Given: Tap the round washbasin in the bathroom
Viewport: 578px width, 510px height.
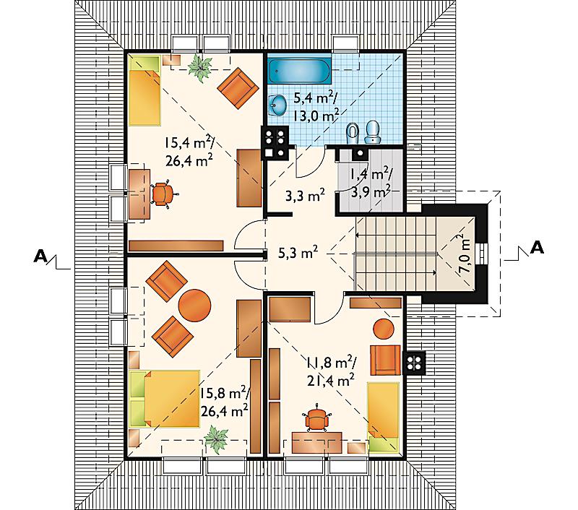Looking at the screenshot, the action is (x=277, y=105).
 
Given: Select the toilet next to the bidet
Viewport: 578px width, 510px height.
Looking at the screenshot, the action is (x=374, y=132).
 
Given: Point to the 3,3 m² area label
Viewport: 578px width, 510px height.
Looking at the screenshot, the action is (x=305, y=196).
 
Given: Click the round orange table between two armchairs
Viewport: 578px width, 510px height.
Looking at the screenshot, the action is (x=194, y=306).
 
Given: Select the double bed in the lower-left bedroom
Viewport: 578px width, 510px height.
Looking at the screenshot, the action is (x=165, y=398).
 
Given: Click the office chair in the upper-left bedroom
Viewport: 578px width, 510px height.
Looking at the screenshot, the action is (x=161, y=194).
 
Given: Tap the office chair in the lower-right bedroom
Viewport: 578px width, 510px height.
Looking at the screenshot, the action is (x=316, y=418).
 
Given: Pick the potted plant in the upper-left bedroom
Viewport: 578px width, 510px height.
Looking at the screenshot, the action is (x=200, y=68).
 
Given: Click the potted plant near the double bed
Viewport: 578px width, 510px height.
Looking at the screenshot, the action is (x=216, y=438).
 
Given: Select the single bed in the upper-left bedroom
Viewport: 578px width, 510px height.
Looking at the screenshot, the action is (x=145, y=90).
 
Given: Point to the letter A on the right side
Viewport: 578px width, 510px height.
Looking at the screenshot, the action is (x=536, y=248).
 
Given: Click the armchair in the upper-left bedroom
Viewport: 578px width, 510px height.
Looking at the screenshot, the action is (x=238, y=88).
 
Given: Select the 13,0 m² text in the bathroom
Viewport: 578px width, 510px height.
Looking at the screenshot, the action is (x=316, y=116).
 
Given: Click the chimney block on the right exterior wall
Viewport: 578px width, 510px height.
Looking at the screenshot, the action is (x=415, y=363).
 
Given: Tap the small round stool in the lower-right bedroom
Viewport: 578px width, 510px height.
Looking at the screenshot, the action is (x=384, y=329).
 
